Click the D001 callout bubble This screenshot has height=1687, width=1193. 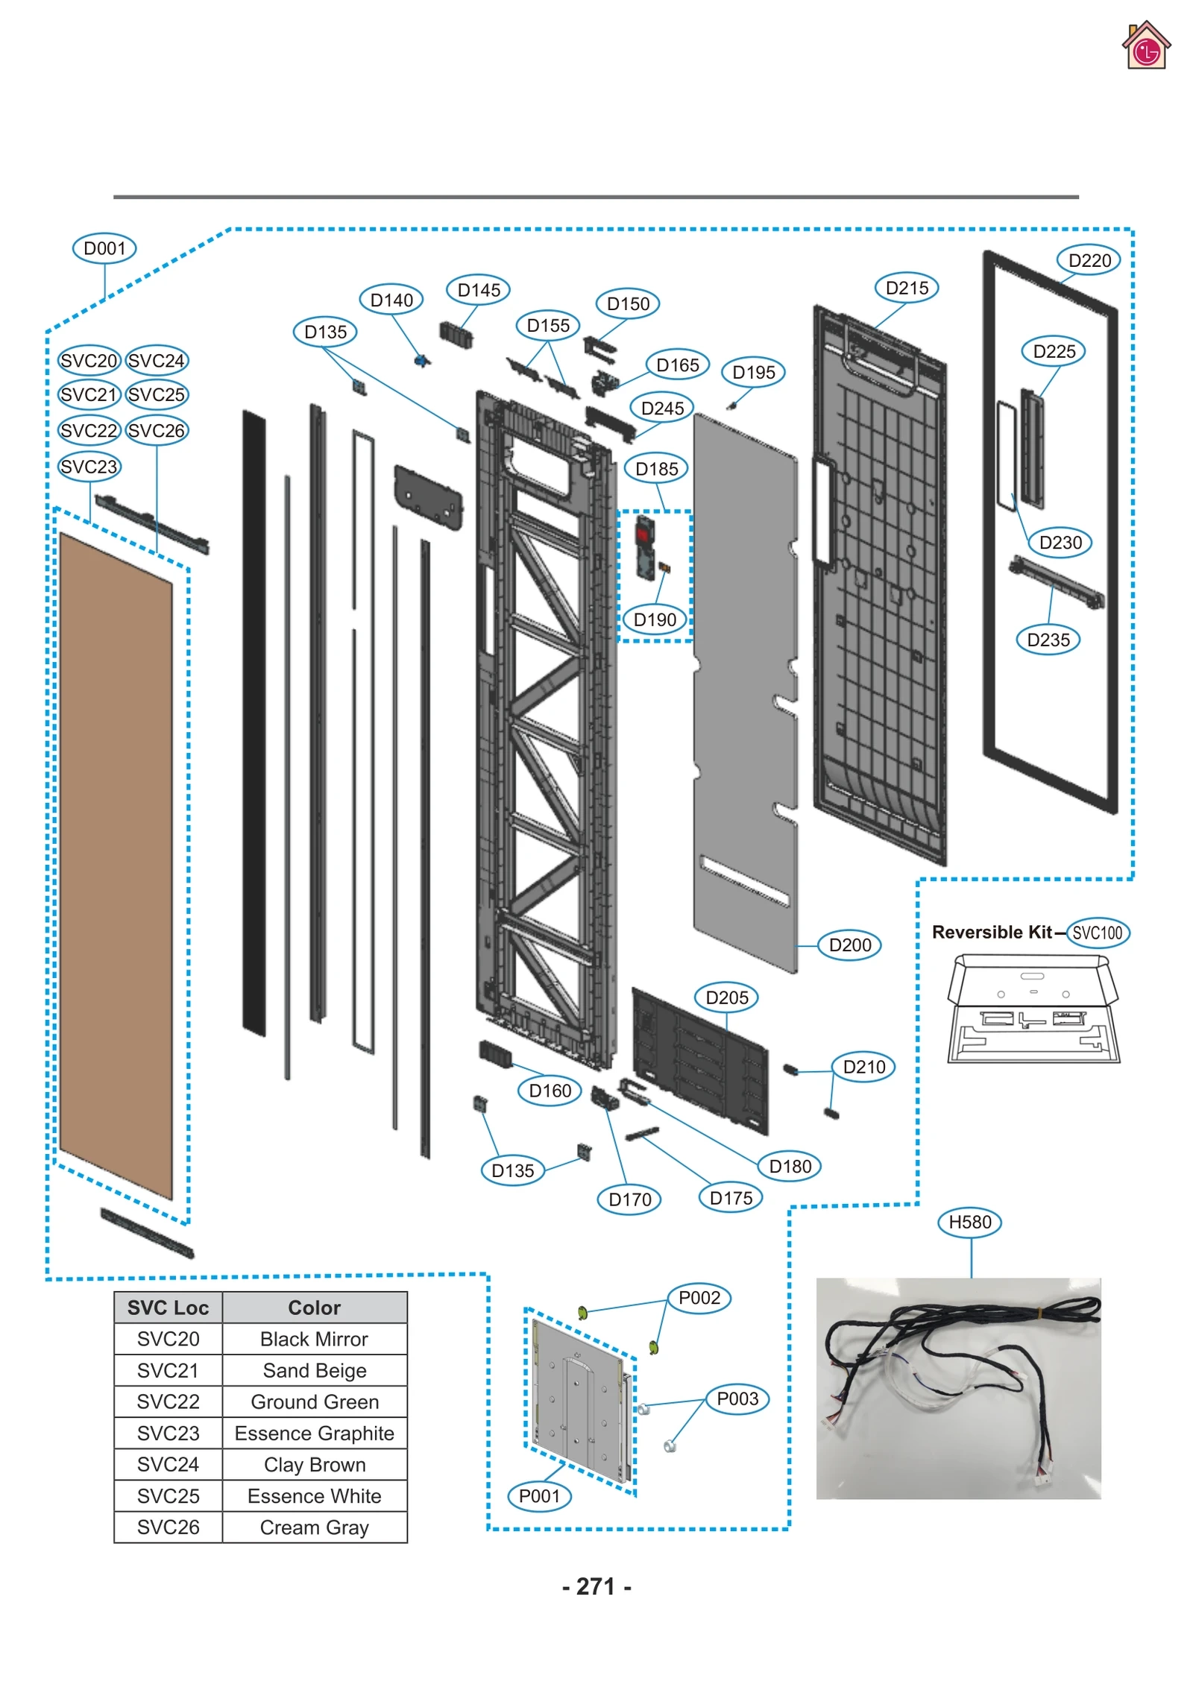pyautogui.click(x=104, y=248)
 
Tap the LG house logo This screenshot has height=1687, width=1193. pyautogui.click(x=1145, y=46)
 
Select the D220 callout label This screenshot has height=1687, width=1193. pyautogui.click(x=1089, y=260)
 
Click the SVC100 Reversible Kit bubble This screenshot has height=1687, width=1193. pyautogui.click(x=1098, y=933)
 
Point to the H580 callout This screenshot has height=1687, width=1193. pyautogui.click(x=969, y=1222)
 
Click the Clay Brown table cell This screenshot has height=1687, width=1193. pyautogui.click(x=314, y=1465)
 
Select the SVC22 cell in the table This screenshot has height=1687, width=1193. pyautogui.click(x=168, y=1402)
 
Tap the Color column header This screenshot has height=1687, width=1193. pyautogui.click(x=314, y=1308)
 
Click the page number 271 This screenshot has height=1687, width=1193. pyautogui.click(x=596, y=1586)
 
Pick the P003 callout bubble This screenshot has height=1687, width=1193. pyautogui.click(x=737, y=1399)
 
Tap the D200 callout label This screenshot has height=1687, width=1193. pyautogui.click(x=849, y=945)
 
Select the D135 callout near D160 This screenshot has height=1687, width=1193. pyautogui.click(x=512, y=1170)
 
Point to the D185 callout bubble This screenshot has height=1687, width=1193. pyautogui.click(x=656, y=469)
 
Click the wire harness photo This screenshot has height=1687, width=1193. pyautogui.click(x=958, y=1388)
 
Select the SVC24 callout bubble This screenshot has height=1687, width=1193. pyautogui.click(x=157, y=361)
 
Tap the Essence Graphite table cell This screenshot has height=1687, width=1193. pyautogui.click(x=314, y=1434)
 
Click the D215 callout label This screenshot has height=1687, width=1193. pyautogui.click(x=907, y=288)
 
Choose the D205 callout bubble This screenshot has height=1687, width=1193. pyautogui.click(x=726, y=997)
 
